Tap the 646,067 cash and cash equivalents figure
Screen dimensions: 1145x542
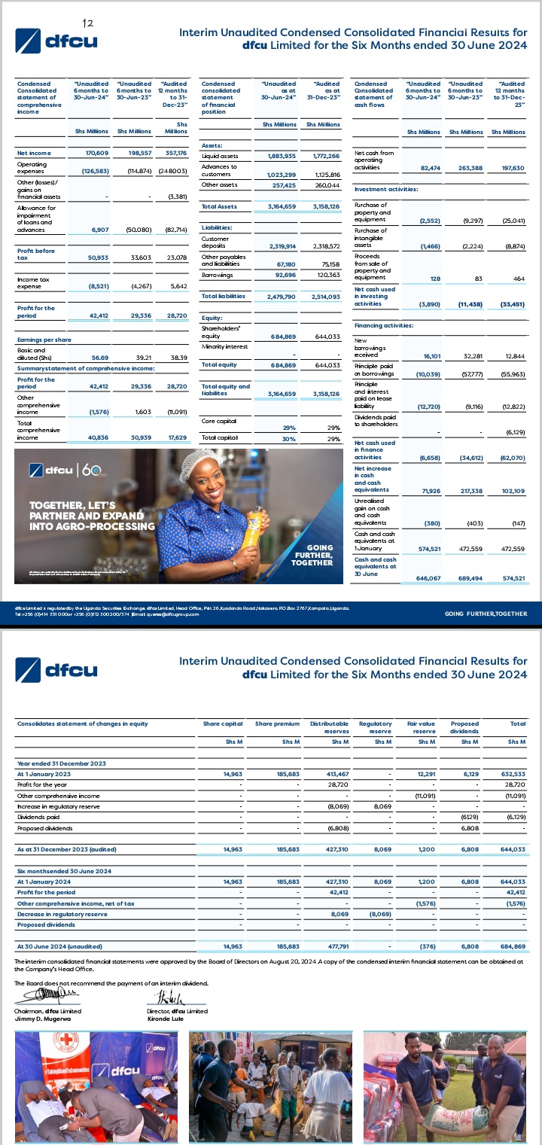coord(423,577)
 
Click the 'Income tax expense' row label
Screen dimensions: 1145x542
coord(35,283)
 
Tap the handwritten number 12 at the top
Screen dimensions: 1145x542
coord(87,25)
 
